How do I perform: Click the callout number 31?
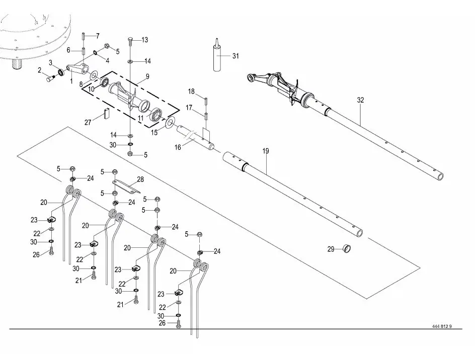tap(235, 56)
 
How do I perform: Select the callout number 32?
tap(360, 100)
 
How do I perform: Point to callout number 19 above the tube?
tap(265, 150)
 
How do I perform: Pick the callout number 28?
tap(140, 179)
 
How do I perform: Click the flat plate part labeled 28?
tap(124, 187)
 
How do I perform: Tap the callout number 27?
tap(88, 122)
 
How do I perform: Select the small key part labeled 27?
tap(106, 113)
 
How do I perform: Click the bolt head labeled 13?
tap(130, 39)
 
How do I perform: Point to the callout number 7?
tap(98, 35)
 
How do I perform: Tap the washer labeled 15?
tap(170, 122)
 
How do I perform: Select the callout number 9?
tap(147, 76)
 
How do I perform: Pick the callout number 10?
tap(91, 89)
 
